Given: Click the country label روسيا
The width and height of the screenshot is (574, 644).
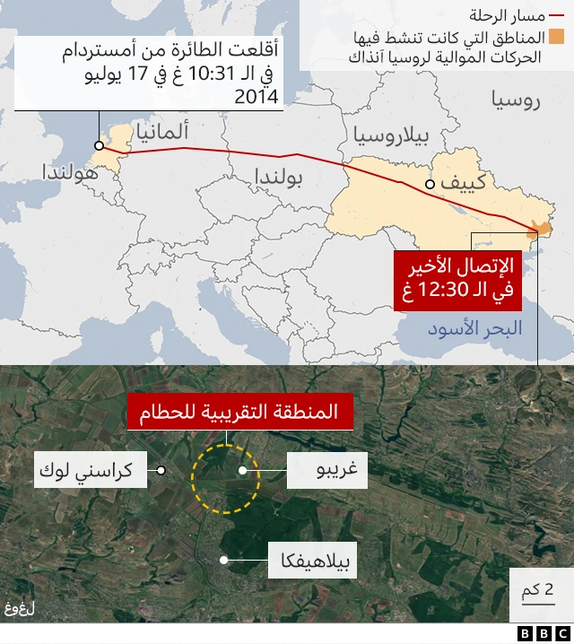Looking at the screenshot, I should click(516, 99).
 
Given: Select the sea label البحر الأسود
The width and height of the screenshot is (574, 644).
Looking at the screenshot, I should click(474, 329).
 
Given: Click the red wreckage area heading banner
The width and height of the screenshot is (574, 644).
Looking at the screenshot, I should click(239, 413).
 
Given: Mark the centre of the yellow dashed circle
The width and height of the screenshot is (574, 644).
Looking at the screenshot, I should click(225, 479).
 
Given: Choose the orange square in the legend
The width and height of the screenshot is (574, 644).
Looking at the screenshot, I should click(557, 37).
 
